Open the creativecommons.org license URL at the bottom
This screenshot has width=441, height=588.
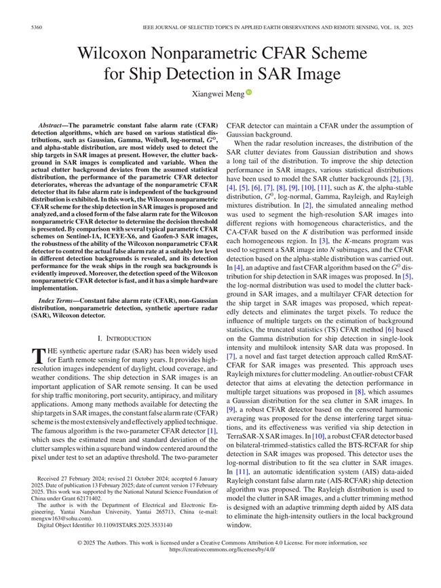[x=220, y=569]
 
